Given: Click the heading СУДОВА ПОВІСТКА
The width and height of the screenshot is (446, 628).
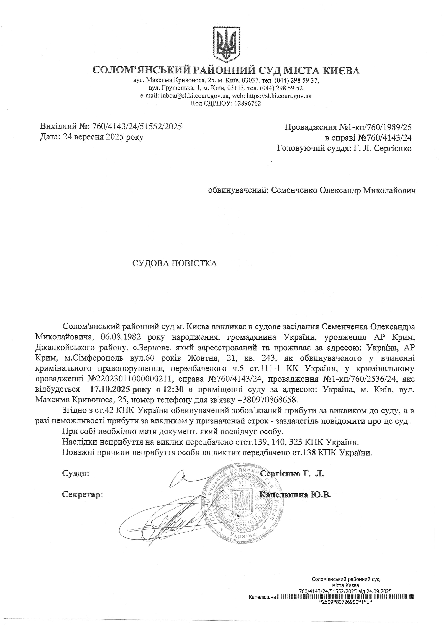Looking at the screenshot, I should (x=175, y=263).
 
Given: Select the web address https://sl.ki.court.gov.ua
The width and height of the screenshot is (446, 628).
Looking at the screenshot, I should (x=279, y=96).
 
